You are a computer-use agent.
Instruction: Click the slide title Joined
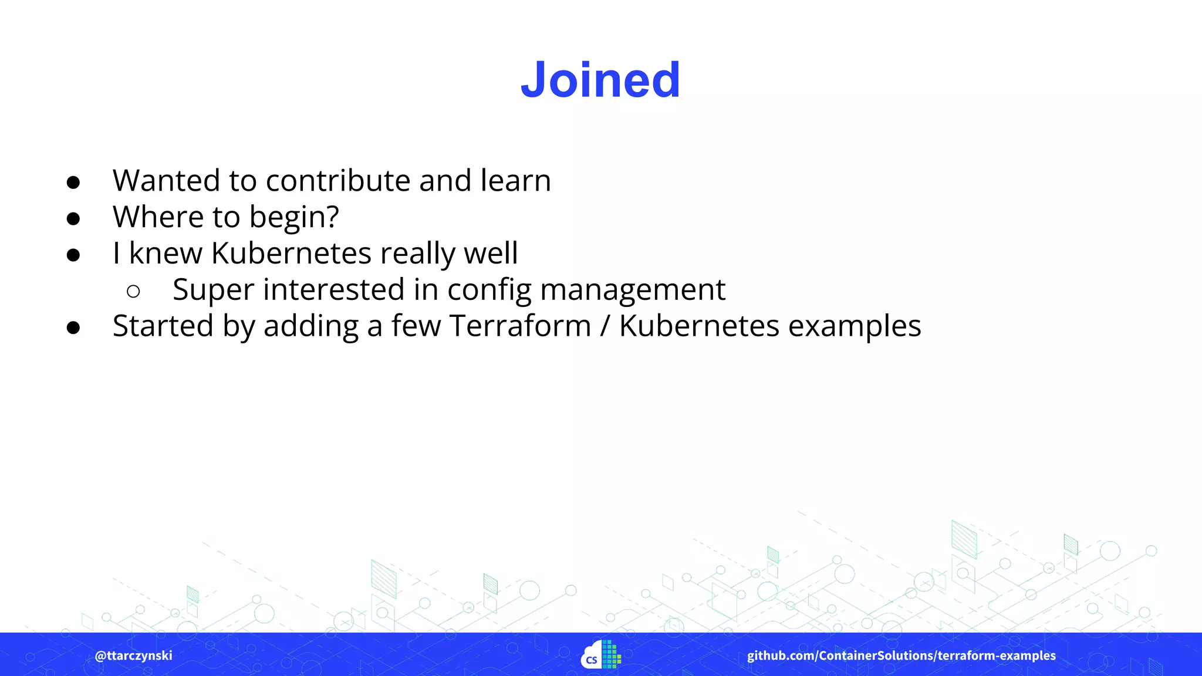[x=600, y=80]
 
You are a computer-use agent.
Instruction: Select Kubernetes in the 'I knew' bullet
[x=291, y=253]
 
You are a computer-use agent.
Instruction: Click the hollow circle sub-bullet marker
[x=133, y=291]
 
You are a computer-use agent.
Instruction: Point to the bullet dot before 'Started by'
[x=73, y=328]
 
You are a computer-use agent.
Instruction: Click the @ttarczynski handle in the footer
[x=133, y=655]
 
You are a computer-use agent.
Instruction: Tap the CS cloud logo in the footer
[x=600, y=655]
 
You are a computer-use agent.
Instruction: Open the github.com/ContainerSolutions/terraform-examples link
[x=901, y=655]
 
